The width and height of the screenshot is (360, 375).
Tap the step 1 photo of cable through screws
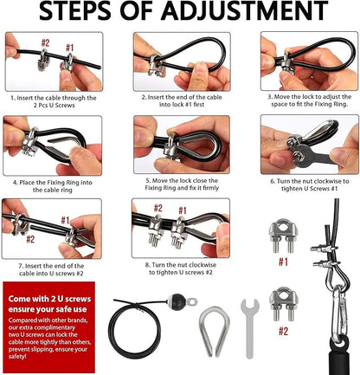[x=51, y=61]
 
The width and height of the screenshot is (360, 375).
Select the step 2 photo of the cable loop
[x=181, y=61]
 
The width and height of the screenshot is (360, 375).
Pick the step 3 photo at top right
[x=309, y=61]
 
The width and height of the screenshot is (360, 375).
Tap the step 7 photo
[x=51, y=229]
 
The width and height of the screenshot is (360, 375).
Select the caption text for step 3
[x=309, y=101]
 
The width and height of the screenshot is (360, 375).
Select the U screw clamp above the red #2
[x=283, y=304]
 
